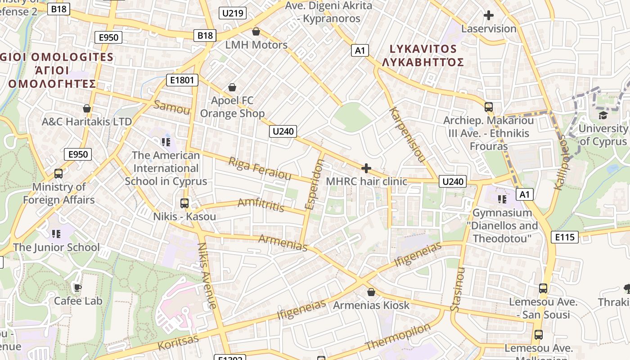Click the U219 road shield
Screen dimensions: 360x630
233,13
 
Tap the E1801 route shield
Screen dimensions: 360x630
182,81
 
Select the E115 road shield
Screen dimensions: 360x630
564,237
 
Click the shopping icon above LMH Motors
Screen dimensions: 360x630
256,31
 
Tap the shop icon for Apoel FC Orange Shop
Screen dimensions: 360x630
232,87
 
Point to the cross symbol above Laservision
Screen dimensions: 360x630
488,15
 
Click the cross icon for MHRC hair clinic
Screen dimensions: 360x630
366,168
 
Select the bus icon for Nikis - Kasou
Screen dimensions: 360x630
184,203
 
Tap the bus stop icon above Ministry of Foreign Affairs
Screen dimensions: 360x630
58,173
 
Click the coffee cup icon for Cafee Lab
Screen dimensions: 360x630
78,287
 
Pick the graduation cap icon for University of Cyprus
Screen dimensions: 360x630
603,115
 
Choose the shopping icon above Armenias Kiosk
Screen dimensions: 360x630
371,292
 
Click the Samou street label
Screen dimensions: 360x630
172,108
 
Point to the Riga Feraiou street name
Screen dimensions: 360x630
260,168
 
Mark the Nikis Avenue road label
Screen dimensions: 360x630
207,275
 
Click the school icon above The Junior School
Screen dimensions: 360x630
56,234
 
